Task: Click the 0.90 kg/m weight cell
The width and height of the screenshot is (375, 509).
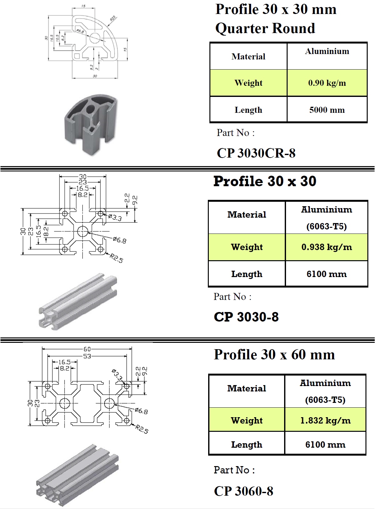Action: pos(327,83)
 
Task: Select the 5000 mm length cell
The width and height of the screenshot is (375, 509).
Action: pos(327,110)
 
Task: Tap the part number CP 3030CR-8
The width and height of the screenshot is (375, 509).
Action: pos(256,153)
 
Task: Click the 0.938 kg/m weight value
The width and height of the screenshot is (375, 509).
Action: pos(326,247)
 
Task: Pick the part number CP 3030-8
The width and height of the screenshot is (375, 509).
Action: pos(246,317)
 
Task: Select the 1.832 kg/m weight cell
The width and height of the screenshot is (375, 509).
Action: pos(325,420)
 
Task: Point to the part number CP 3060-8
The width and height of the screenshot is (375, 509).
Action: pos(243,491)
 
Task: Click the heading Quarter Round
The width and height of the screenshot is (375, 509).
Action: pos(265,28)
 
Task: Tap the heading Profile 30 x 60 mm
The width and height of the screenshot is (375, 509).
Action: pos(274,355)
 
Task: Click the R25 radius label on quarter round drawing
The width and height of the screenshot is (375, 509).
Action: pos(113,18)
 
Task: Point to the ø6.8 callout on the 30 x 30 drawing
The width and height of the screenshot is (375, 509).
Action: pos(119,240)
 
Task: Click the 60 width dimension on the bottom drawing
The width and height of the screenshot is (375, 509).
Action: pos(87,349)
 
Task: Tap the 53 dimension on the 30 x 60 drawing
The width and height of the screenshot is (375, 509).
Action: pos(87,356)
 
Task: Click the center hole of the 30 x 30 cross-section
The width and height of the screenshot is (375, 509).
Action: pos(83,231)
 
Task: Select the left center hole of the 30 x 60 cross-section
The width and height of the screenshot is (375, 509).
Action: pos(65,403)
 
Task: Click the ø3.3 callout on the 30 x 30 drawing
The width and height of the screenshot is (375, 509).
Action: pos(115,217)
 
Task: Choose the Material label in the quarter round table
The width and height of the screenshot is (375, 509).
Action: pos(248,57)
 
